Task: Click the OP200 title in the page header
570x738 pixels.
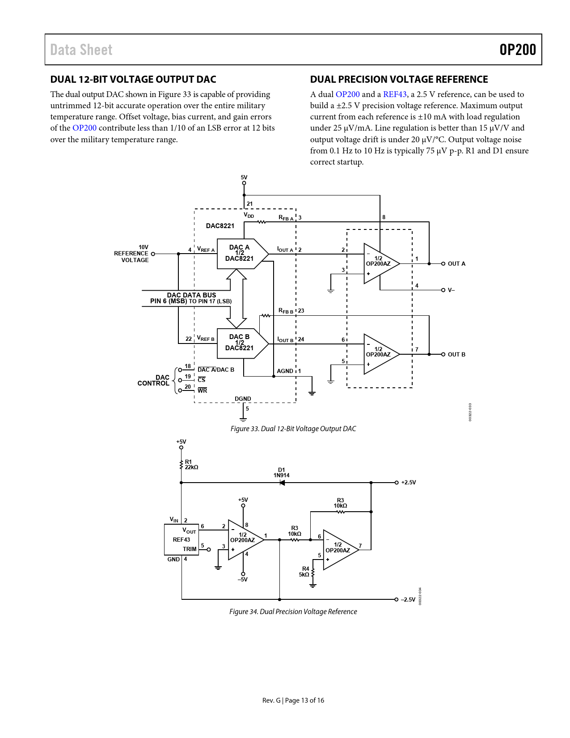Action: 517,50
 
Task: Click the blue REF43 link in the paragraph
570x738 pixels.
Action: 395,94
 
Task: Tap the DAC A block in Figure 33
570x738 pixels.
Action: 240,253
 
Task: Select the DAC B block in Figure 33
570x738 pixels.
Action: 240,343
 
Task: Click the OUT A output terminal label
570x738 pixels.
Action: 456,264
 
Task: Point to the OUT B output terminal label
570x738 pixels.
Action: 456,355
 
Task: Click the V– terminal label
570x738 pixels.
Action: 451,290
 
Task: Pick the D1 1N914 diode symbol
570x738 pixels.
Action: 282,483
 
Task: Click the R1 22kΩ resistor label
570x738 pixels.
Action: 191,465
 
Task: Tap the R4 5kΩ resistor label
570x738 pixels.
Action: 304,572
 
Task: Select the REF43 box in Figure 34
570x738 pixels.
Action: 181,540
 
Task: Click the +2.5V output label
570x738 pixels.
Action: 408,483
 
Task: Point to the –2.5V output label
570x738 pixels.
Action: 408,600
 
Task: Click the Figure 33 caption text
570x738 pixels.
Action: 293,429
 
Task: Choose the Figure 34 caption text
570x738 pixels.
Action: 293,612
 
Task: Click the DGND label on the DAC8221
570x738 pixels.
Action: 243,399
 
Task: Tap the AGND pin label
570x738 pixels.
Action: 285,371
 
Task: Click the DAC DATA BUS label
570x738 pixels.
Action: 191,295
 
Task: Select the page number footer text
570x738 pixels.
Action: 293,700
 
